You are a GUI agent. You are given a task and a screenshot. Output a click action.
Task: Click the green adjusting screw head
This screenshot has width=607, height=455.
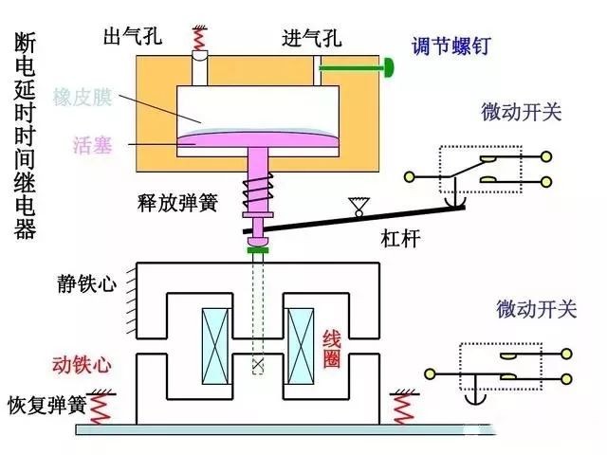389,67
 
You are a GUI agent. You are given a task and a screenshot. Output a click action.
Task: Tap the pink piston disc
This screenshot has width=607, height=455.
256,141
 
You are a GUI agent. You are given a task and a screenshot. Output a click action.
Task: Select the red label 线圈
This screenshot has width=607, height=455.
332,349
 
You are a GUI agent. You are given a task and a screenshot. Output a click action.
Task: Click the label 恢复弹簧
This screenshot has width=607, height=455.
46,404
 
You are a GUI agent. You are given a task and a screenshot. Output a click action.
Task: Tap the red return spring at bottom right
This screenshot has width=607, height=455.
402,408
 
